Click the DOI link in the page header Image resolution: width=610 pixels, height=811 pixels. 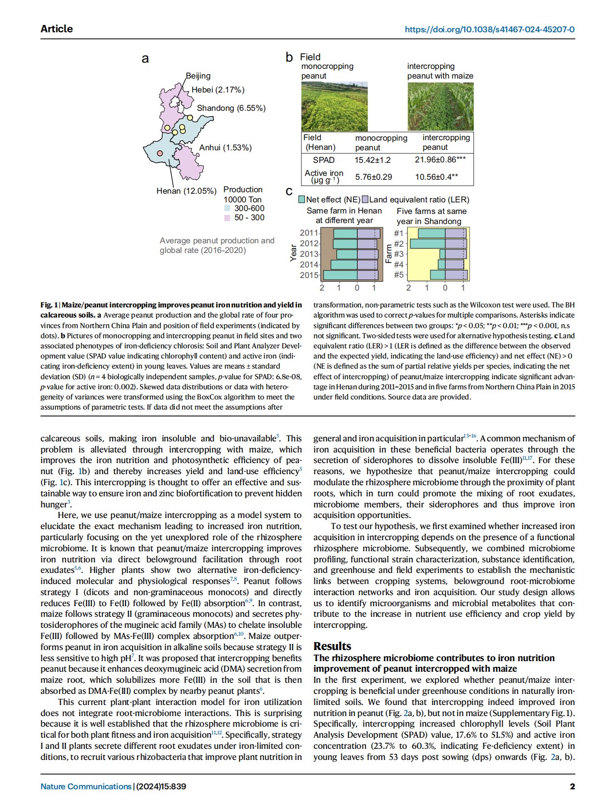490,29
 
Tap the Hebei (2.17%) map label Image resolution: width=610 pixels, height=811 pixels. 218,90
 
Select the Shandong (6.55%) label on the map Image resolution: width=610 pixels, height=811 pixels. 231,108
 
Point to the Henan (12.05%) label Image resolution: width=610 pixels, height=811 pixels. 186,191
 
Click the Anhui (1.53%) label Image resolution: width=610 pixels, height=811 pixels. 225,147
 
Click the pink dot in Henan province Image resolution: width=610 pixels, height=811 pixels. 160,153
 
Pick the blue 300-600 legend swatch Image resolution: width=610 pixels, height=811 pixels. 227,209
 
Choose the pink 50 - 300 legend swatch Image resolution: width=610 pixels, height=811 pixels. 227,218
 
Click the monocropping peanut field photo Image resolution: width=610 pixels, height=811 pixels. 334,106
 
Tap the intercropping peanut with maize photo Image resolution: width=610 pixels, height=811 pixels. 440,106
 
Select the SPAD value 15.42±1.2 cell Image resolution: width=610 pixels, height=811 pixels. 373,160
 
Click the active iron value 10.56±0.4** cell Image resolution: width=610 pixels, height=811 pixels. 436,177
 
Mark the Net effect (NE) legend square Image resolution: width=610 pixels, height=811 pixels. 302,199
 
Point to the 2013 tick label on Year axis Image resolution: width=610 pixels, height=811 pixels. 309,254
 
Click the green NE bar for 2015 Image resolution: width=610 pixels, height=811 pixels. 340,275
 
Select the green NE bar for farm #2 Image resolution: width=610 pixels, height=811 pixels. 427,244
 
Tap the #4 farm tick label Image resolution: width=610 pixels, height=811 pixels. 399,265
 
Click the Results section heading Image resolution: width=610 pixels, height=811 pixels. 332,646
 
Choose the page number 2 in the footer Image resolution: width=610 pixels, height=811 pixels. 572,786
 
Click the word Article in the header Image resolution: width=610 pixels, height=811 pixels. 57,29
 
